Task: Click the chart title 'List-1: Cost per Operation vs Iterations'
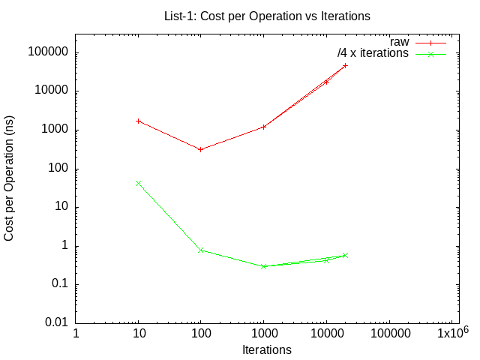click(x=267, y=15)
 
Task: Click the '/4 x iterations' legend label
click(x=373, y=54)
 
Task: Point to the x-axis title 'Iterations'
click(x=267, y=349)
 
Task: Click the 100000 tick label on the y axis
click(x=48, y=52)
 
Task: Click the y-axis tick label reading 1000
click(x=54, y=130)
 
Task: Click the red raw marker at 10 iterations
click(x=138, y=121)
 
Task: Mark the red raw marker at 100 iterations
click(x=201, y=149)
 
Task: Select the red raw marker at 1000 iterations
click(x=263, y=127)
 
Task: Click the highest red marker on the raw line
click(x=345, y=65)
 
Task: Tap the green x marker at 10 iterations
click(x=138, y=183)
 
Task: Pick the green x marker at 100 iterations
click(x=201, y=250)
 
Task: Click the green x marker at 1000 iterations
click(x=263, y=266)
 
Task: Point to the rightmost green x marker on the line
click(x=345, y=255)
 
